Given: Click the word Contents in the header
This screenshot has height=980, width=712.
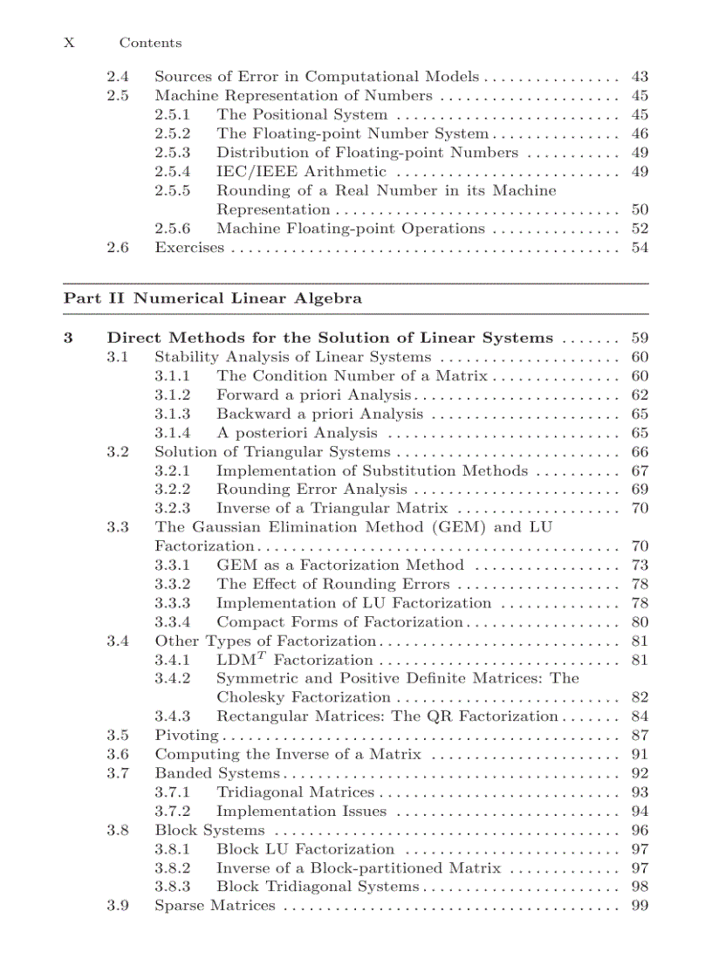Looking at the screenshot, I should [x=150, y=43].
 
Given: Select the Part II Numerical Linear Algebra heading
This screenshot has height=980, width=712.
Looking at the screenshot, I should [x=213, y=298].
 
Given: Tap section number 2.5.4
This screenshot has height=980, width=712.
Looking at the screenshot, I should [x=173, y=172].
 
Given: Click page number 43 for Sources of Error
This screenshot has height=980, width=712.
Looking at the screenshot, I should [x=639, y=77].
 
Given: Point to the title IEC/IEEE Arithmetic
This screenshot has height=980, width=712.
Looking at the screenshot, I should [x=301, y=172].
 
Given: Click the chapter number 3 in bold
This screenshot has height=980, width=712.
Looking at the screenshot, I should [x=68, y=338].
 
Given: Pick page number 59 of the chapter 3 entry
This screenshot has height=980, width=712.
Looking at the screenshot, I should [x=639, y=338].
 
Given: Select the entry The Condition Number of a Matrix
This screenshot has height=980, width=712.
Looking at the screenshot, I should [x=352, y=376].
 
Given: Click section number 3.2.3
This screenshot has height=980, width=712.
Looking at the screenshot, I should [x=173, y=509].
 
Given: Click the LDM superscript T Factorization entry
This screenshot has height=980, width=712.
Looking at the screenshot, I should [x=294, y=661].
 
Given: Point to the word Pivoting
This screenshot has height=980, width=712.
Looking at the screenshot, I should [x=186, y=736].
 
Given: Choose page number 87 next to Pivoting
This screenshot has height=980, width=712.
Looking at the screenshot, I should [x=639, y=736].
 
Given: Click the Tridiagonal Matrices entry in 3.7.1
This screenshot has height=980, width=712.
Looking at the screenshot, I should [x=295, y=792].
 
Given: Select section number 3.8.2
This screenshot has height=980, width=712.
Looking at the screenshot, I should [x=173, y=868].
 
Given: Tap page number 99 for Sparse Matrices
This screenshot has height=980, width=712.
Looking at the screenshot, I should [x=639, y=906].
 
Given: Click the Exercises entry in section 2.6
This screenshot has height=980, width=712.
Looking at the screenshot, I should [x=189, y=248].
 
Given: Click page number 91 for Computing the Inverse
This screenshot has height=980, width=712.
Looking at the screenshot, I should [x=639, y=755].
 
